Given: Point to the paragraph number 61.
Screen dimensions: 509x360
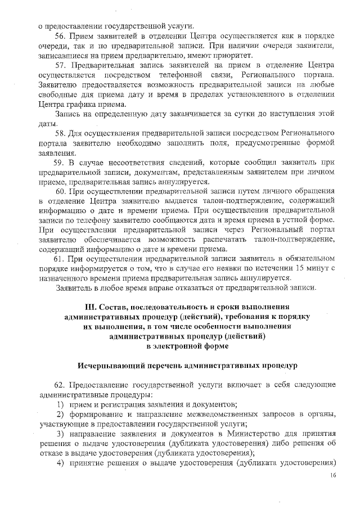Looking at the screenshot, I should [59, 259].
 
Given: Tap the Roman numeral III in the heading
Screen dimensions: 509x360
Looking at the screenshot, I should [91, 307].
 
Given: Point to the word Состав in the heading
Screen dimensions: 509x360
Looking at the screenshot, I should [116, 307].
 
